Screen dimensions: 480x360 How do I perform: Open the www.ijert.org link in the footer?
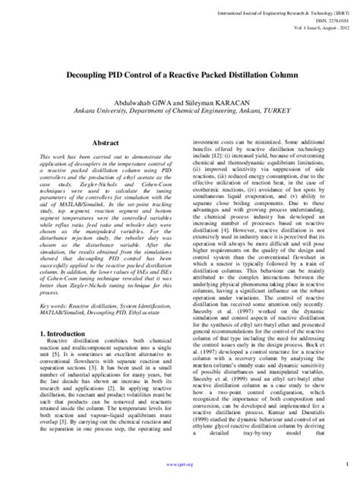pos(179,469)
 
